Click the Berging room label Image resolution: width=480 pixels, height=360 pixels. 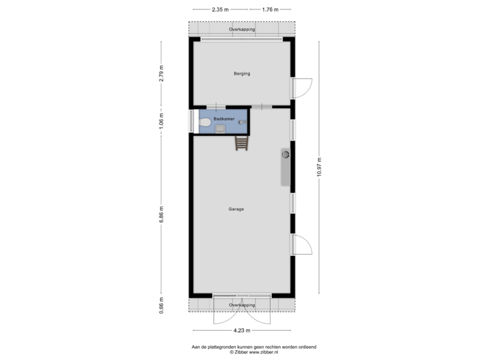(241, 73)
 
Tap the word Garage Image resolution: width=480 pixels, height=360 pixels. (236, 209)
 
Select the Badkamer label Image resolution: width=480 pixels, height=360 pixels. (223, 118)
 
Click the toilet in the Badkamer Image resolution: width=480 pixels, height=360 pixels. (205, 123)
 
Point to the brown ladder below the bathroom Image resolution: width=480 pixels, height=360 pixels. (241, 142)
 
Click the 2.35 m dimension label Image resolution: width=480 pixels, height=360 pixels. (219, 10)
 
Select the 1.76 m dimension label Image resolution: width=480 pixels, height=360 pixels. (270, 10)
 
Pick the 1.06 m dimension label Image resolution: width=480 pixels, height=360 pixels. (161, 121)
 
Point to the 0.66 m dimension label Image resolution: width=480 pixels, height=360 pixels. (161, 305)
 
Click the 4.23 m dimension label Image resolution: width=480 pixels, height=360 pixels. (241, 330)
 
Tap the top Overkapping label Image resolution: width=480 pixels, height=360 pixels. (241, 30)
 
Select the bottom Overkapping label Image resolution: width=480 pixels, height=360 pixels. (241, 305)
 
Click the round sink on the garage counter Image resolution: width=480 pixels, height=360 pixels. (285, 155)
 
